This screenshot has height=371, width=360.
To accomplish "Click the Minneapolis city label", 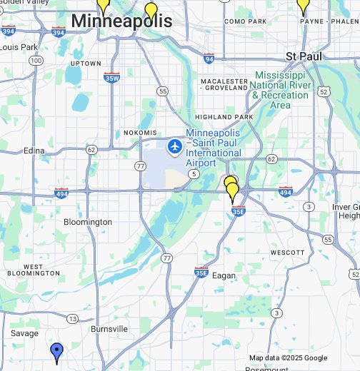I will [x=121, y=21].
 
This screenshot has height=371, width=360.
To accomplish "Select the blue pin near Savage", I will [x=57, y=352].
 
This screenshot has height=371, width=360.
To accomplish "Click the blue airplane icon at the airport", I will [x=174, y=147].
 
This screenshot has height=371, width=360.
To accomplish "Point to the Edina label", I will [x=34, y=151].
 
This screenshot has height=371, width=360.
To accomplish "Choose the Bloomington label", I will [x=88, y=222].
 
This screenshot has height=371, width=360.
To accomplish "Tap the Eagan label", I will [x=224, y=275].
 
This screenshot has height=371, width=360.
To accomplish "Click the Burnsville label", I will [x=109, y=329].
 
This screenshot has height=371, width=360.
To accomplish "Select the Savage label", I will [x=25, y=333].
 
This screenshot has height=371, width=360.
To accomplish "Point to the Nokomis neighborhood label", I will [x=139, y=133].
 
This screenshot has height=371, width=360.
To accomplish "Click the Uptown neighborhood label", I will [x=86, y=63].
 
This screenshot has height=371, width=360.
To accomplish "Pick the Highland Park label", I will [x=224, y=117].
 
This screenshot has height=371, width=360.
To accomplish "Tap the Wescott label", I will [x=288, y=253].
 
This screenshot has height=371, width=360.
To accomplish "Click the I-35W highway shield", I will [x=111, y=77].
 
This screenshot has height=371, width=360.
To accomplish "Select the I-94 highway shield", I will [x=209, y=58].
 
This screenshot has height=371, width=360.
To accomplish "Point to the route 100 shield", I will [x=36, y=61].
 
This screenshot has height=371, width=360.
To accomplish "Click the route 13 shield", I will [x=72, y=318].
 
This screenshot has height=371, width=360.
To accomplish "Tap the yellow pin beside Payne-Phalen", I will [x=303, y=6].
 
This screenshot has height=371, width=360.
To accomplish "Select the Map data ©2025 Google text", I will [x=288, y=358].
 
